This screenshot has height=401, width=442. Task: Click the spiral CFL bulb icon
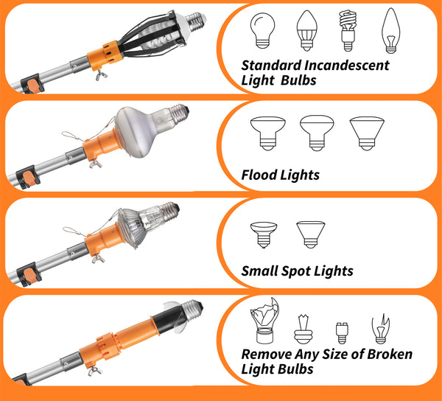[x=346, y=30]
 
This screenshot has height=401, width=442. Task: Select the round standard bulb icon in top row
[x=260, y=30]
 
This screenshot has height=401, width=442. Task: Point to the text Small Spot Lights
[x=297, y=271]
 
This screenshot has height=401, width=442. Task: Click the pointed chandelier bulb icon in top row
[x=389, y=30]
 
